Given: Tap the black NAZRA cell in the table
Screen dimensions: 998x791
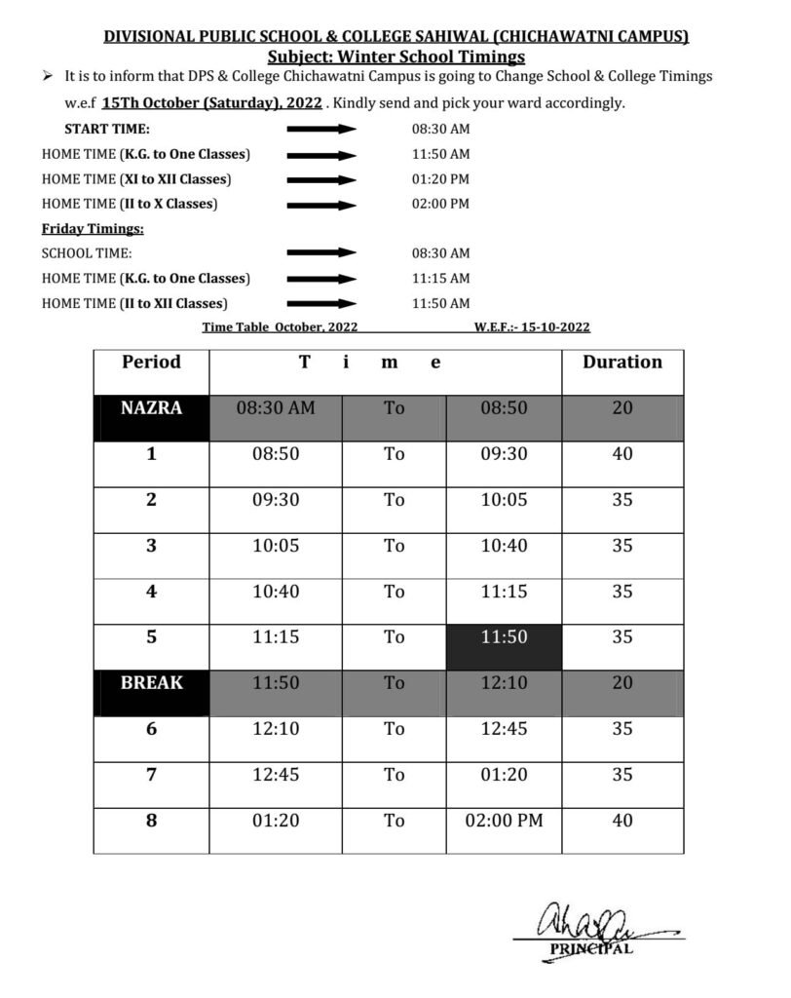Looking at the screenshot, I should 151,408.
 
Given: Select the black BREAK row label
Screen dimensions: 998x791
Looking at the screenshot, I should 151,683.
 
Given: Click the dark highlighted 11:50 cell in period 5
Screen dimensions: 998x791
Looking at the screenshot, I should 504,637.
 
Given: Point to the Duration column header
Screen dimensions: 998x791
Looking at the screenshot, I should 621,363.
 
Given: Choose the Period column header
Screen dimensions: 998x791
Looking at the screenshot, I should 151,363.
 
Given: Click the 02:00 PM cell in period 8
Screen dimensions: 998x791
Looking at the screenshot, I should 504,821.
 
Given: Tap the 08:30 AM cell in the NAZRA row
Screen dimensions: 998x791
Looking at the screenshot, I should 276,408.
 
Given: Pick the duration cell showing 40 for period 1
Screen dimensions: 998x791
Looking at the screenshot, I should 621,454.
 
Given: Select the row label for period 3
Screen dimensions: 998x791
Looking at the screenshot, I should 151,546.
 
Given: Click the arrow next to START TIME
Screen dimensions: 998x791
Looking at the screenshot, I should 321,130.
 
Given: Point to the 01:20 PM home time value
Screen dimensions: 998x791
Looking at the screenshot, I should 440,179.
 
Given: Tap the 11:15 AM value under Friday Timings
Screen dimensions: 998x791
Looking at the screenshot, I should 440,279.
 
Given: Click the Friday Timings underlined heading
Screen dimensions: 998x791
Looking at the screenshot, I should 93,229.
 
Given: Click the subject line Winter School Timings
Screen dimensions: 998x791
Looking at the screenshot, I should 395,58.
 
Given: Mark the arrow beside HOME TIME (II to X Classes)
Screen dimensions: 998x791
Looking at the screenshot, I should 321,205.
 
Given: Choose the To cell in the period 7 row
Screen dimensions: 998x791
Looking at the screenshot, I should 394,775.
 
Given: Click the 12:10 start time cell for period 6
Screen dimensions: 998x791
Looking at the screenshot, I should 276,729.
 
